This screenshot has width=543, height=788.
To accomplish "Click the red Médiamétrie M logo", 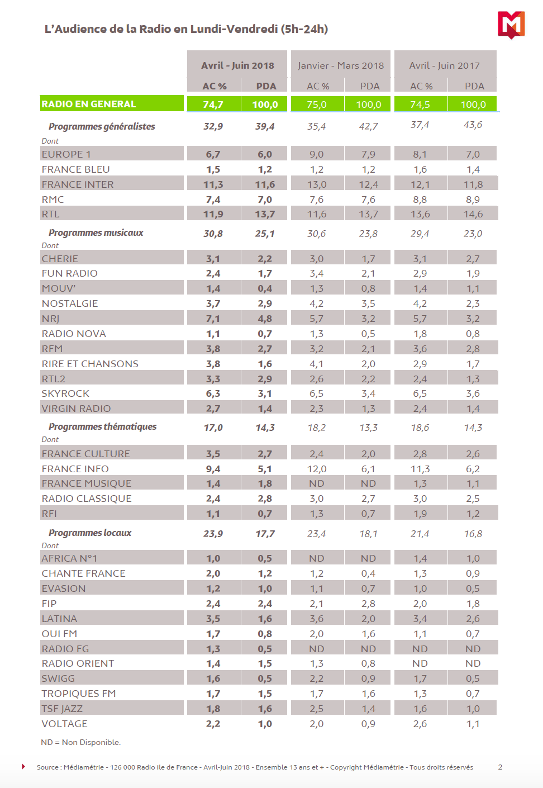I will coord(511,25).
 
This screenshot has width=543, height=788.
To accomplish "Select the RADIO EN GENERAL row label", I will coord(89,104).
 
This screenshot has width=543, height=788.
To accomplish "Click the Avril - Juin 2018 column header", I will coord(237,65).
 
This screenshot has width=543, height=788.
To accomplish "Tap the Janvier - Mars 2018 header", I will coord(341,65).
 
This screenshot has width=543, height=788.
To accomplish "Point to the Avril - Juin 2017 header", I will coord(444,65).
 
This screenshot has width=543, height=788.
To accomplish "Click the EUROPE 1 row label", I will coord(66,154).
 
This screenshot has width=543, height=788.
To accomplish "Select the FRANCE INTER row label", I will coord(78,184).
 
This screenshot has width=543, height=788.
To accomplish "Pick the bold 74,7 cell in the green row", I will coord(213,105).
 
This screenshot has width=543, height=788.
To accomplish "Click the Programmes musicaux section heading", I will coord(96,232).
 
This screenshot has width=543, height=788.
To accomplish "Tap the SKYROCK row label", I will coord(65,393).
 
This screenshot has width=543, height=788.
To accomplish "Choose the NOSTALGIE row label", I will coord(70,303).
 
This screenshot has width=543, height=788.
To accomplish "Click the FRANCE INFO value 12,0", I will coord(317,469).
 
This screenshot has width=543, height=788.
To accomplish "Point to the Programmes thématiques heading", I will coord(102,426).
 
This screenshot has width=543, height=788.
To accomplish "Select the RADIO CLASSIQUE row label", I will coord(87,499).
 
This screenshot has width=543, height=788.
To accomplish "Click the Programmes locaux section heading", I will coord(90,533).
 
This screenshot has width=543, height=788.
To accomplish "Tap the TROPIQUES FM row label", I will coord(79,694).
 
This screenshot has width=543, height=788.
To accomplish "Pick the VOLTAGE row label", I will coord(65,724).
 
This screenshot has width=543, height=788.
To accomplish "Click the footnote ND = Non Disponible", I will coord(81,742).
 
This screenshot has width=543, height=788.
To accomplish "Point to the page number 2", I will coord(500,767).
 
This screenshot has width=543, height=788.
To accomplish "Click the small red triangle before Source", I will coord(23,766).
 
